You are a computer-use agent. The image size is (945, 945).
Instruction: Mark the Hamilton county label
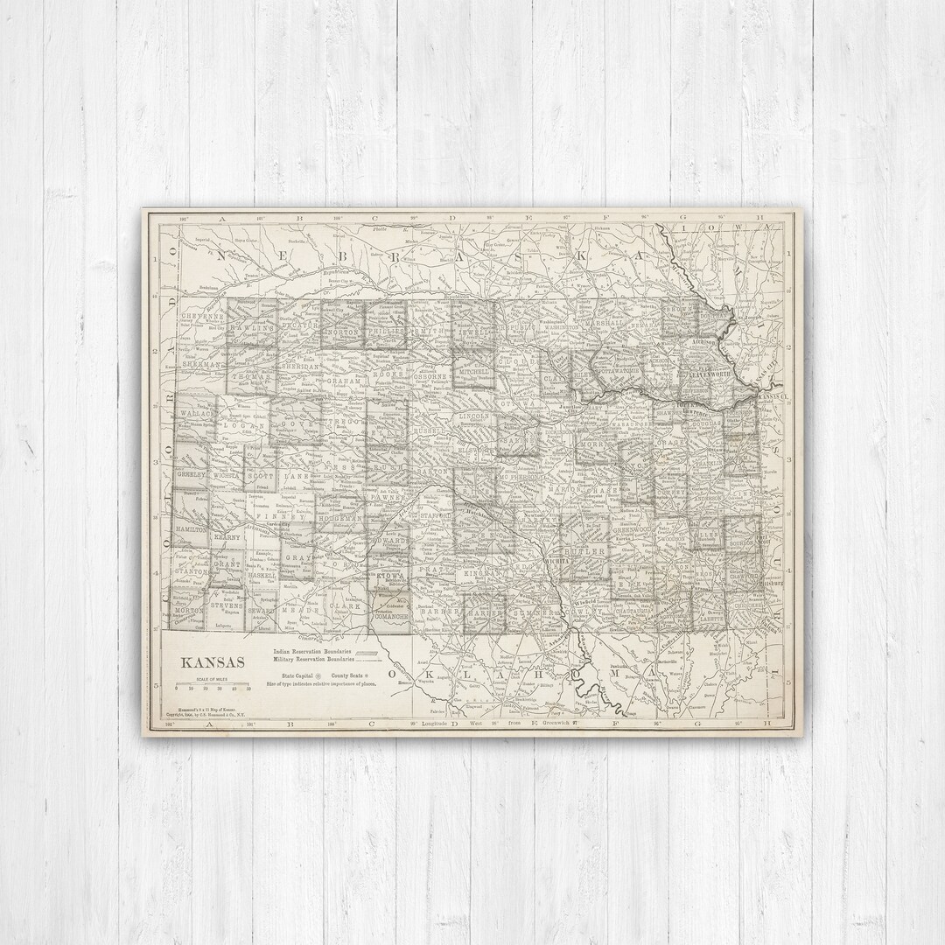coord(191,530)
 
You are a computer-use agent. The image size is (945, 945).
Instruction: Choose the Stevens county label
coord(227,604)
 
